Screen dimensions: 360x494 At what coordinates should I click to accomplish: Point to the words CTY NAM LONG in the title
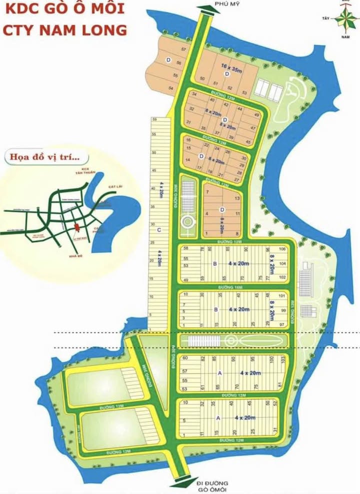click(x=64, y=30)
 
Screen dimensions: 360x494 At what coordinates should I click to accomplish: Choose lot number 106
click(x=282, y=249)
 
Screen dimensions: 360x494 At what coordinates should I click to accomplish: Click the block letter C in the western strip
click(x=158, y=230)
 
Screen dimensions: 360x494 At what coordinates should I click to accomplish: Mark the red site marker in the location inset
click(x=75, y=228)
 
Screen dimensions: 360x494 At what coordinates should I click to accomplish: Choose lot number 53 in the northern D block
click(x=244, y=93)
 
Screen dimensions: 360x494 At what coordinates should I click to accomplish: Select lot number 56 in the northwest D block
click(x=178, y=63)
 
